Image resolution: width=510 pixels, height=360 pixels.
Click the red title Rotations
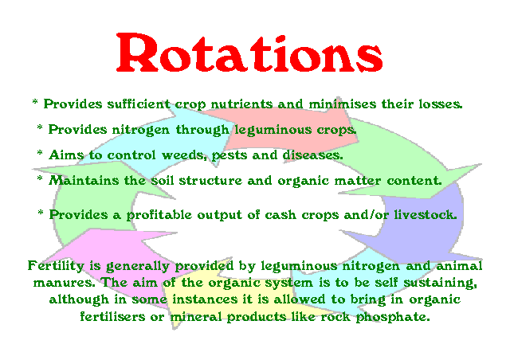[249, 53]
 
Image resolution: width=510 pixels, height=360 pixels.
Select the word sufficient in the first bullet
[139, 104]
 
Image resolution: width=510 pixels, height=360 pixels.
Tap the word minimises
[342, 104]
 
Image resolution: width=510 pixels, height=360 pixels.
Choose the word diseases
[312, 155]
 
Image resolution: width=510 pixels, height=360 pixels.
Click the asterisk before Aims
[40, 152]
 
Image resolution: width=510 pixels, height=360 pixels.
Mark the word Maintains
[84, 181]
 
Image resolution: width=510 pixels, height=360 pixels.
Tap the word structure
[210, 181]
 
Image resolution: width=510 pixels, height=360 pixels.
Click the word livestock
[426, 214]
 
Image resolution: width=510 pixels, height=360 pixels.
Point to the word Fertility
[56, 266]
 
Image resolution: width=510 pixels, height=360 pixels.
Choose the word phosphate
[393, 317]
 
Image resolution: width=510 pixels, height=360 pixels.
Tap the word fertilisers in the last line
[112, 316]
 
